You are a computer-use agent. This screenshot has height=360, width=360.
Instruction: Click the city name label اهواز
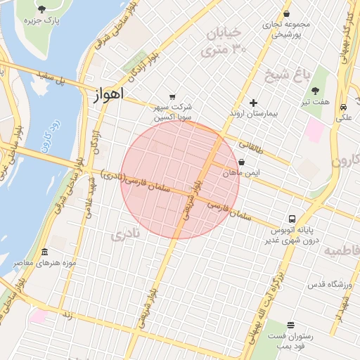[x=108, y=94]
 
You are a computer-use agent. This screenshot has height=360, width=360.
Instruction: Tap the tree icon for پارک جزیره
[x=41, y=9]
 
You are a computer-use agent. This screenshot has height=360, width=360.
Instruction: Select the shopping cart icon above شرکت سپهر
[x=172, y=97]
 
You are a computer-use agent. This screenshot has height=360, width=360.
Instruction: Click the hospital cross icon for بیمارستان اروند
[x=254, y=103]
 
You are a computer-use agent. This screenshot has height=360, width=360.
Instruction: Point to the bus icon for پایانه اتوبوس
[x=292, y=218]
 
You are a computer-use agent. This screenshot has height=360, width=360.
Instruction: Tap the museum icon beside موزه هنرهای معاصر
[x=45, y=252]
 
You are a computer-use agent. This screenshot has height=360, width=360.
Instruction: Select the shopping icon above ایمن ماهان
[x=242, y=162]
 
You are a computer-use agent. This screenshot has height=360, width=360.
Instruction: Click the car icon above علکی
[x=342, y=107]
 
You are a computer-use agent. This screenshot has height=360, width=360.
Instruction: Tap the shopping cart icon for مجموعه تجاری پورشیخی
[x=286, y=13]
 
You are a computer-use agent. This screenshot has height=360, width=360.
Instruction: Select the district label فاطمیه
[x=342, y=251]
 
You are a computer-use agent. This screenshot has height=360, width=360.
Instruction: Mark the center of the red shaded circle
[x=180, y=180]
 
